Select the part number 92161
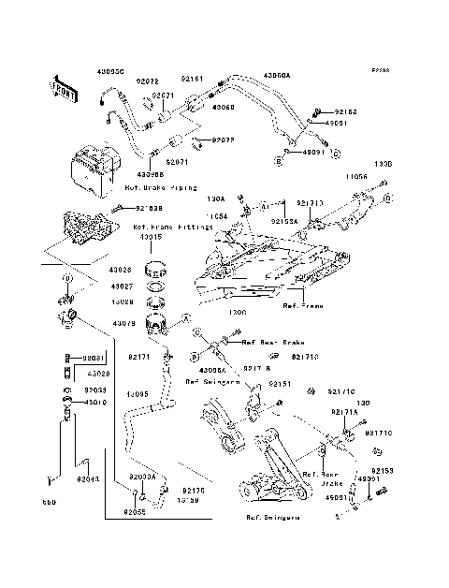[x=192, y=81]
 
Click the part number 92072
[x=150, y=82]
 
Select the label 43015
[x=151, y=237]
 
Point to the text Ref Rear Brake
[x=268, y=343]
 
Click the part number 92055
[x=137, y=512]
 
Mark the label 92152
[x=346, y=110]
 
